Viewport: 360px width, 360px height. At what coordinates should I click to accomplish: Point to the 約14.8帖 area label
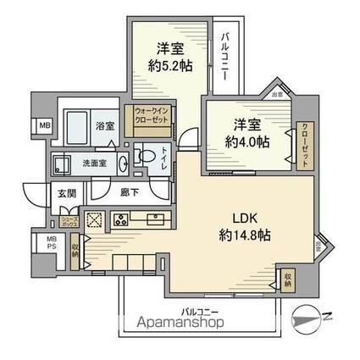[x=243, y=235]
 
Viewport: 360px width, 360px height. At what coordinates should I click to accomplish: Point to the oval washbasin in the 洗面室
[x=122, y=164]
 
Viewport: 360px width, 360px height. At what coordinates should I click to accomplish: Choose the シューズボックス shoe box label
[x=72, y=218]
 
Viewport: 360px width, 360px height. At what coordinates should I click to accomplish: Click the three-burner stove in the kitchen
[x=119, y=220]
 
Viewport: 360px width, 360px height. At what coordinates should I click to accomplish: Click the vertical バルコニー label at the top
[x=227, y=56]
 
